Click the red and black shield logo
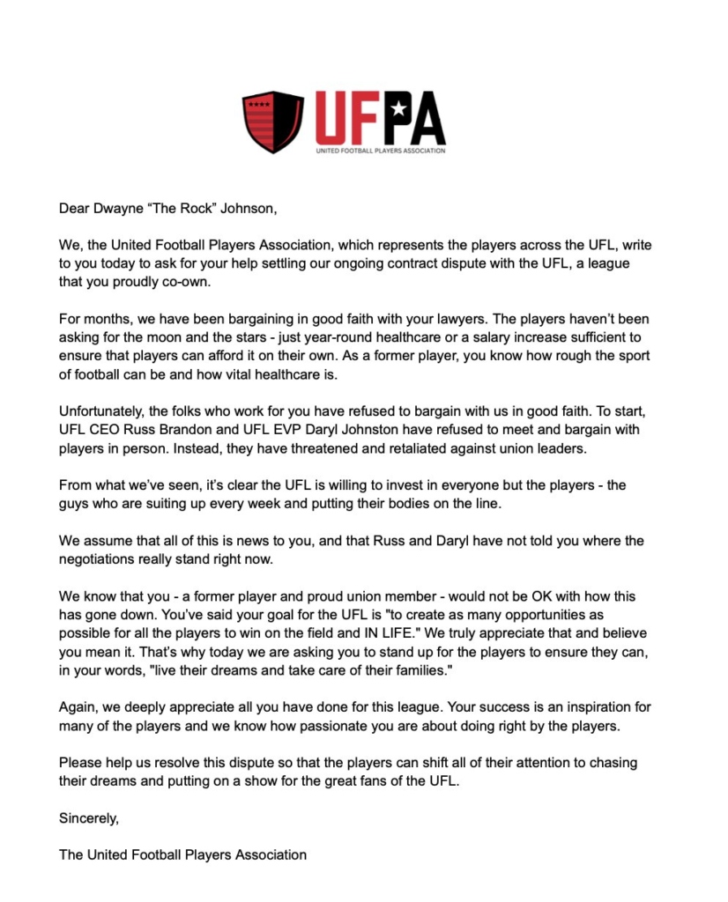272,121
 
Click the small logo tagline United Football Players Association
381,151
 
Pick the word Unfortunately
100,411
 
